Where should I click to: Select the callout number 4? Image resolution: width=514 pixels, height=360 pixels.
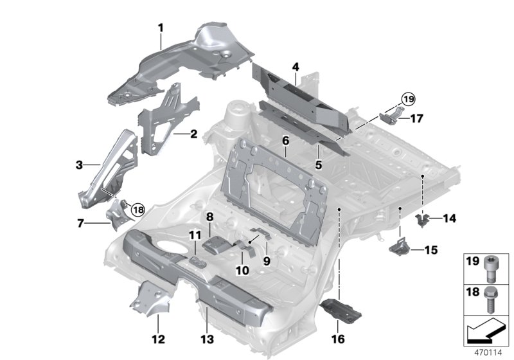click(295, 67)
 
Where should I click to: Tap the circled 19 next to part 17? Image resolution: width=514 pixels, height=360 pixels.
click(406, 99)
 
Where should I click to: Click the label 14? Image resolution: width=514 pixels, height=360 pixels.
click(448, 219)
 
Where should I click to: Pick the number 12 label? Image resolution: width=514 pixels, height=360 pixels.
click(158, 339)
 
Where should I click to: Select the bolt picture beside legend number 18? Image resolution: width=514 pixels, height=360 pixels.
click(492, 300)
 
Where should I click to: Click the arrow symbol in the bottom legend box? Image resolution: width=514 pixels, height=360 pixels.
click(487, 332)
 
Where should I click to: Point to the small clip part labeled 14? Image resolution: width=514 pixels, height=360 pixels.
click(422, 221)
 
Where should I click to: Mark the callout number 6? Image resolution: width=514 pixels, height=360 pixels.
click(285, 139)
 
